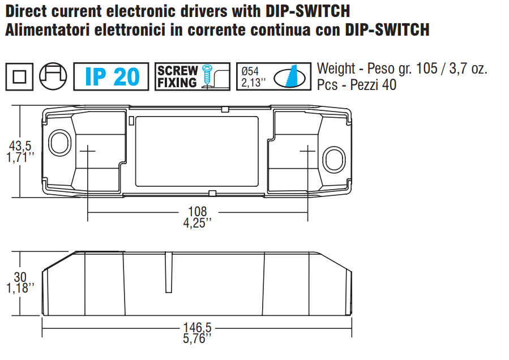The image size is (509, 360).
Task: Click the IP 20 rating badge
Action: click(111, 76)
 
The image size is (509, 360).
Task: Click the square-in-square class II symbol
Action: click(19, 76)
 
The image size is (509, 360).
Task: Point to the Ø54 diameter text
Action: click(250, 71)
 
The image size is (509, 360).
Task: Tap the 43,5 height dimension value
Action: click(20, 147)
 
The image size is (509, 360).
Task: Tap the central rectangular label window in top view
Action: click(197, 151)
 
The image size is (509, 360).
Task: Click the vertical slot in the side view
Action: click(168, 272)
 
